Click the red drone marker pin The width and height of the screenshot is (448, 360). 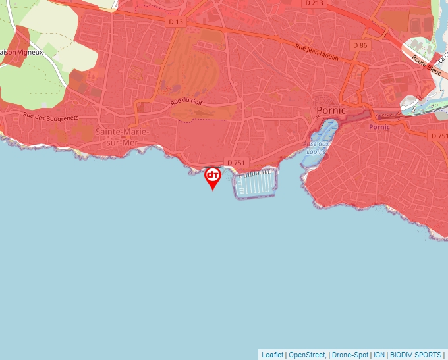pos(213,176)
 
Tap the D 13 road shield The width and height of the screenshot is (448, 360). pos(175,22)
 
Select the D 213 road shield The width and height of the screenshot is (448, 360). pos(315,3)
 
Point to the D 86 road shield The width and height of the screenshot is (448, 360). pos(360,45)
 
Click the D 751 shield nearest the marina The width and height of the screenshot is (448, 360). pos(236,162)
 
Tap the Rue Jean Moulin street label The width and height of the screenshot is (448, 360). pos(317,53)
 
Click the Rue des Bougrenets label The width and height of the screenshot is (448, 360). pos(50,117)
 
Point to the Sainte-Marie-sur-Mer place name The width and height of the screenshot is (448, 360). pos(122,136)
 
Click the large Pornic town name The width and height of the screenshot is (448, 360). pos(331,110)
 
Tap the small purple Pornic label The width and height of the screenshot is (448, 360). pos(379,127)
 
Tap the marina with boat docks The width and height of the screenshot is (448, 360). pos(255,183)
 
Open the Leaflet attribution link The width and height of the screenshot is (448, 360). pos(272,355)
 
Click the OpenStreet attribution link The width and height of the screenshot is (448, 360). pos(306,355)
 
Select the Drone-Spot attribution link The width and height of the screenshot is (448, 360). pos(350,355)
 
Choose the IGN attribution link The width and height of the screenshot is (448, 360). pos(379,355)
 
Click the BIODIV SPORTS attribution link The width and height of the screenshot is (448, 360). pos(415,355)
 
